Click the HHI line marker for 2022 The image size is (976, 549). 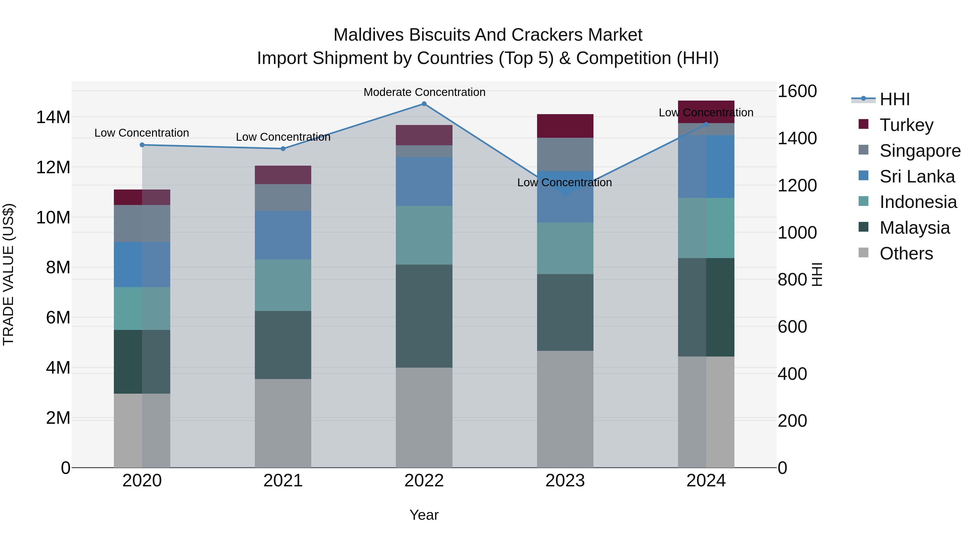(424, 104)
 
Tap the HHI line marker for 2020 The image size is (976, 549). (142, 145)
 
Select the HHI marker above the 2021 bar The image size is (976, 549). (283, 149)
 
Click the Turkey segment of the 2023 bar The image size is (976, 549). (565, 126)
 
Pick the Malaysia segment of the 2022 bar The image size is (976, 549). (424, 316)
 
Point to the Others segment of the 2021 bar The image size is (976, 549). (283, 423)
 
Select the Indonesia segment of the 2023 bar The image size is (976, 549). (565, 248)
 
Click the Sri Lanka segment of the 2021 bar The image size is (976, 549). (283, 235)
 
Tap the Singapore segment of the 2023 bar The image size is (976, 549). (565, 154)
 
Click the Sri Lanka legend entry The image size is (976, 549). (917, 176)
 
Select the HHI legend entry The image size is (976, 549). (894, 99)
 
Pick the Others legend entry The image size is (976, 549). (906, 253)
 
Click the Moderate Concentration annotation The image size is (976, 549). (424, 92)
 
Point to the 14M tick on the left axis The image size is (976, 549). (53, 117)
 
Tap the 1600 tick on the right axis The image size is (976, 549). (797, 91)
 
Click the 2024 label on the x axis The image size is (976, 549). (706, 481)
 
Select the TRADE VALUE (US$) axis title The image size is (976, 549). (8, 274)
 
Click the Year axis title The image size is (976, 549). (424, 515)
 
